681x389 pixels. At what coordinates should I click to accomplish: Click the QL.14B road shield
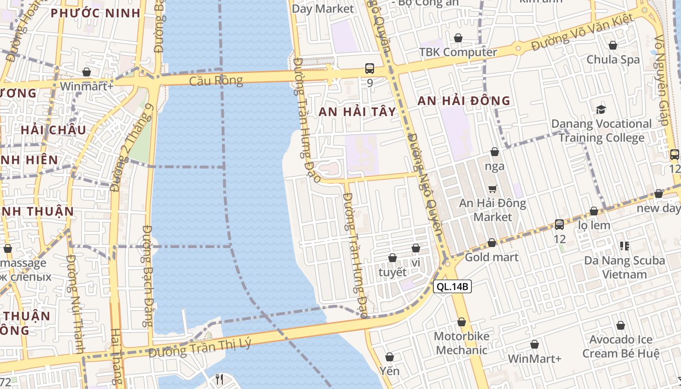pyautogui.click(x=452, y=286)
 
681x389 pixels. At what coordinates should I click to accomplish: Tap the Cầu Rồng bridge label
pyautogui.click(x=216, y=81)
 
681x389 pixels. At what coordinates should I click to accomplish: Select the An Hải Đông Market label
pyautogui.click(x=493, y=210)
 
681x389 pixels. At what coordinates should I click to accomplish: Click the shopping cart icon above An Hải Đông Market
pyautogui.click(x=493, y=189)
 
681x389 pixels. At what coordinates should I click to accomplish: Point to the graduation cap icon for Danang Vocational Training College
pyautogui.click(x=601, y=109)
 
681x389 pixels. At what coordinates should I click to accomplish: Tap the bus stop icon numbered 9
pyautogui.click(x=370, y=69)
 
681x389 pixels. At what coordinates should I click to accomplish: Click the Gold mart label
pyautogui.click(x=492, y=257)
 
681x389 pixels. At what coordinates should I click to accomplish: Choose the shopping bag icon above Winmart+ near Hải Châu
pyautogui.click(x=87, y=72)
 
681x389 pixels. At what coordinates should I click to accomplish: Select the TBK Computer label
pyautogui.click(x=458, y=52)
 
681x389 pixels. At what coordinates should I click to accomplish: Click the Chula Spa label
pyautogui.click(x=613, y=60)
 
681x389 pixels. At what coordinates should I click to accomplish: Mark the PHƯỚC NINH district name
pyautogui.click(x=95, y=13)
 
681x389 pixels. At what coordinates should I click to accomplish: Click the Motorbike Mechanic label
pyautogui.click(x=462, y=343)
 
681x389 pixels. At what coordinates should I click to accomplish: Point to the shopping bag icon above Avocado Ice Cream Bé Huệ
pyautogui.click(x=621, y=325)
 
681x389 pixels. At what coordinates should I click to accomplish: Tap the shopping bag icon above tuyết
pyautogui.click(x=393, y=258)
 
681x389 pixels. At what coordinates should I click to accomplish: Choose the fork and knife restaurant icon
pyautogui.click(x=219, y=379)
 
